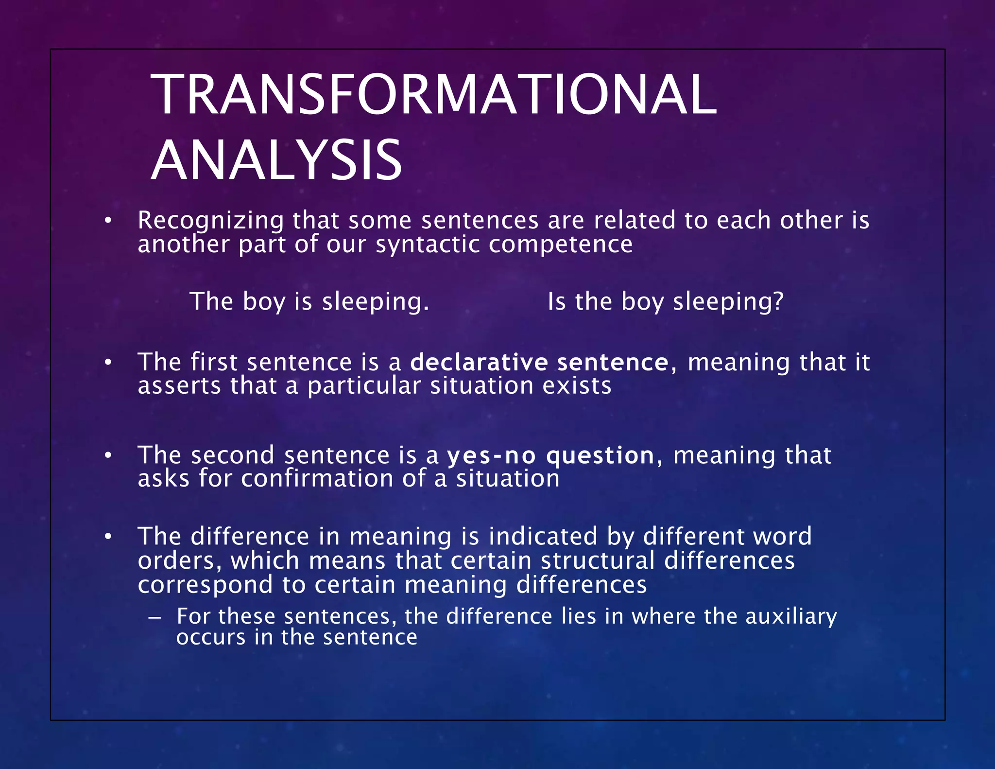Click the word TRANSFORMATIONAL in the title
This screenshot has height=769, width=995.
pyautogui.click(x=434, y=95)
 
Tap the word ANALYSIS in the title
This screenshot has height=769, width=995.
pyautogui.click(x=276, y=160)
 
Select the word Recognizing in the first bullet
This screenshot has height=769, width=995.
pyautogui.click(x=210, y=221)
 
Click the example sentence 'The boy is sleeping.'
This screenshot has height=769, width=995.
pyautogui.click(x=309, y=301)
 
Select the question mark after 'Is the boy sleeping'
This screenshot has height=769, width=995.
pyautogui.click(x=778, y=301)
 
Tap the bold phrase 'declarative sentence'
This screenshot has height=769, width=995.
pyautogui.click(x=539, y=363)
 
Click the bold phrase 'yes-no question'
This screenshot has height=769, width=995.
pyautogui.click(x=550, y=456)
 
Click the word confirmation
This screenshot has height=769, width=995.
pyautogui.click(x=317, y=479)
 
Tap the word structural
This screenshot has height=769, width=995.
pyautogui.click(x=598, y=561)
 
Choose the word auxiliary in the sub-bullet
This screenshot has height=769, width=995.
pyautogui.click(x=791, y=616)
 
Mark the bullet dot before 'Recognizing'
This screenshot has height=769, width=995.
pyautogui.click(x=108, y=222)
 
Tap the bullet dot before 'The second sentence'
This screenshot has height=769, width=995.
pyautogui.click(x=108, y=456)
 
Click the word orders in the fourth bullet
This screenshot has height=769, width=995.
pyautogui.click(x=176, y=561)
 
